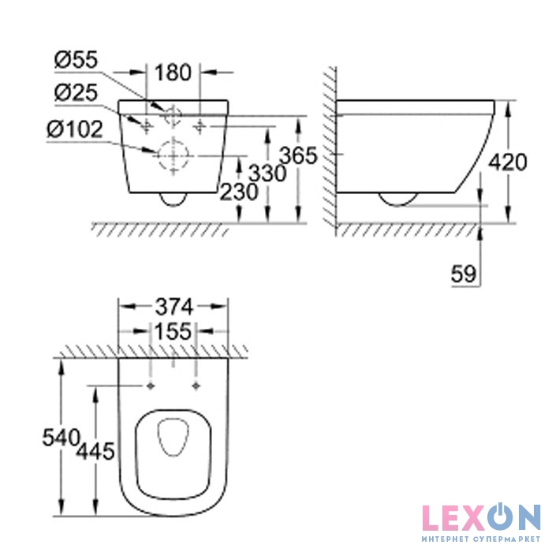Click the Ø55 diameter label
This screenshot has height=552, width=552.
76,60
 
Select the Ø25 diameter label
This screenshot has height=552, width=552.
76,93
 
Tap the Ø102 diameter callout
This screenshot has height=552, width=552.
75,129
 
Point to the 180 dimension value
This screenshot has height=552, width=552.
173,73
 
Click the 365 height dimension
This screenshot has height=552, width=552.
298,155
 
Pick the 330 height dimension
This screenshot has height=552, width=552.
267,173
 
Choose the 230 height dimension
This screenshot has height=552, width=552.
239,192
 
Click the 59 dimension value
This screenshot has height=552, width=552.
464,274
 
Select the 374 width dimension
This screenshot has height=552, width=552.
174,307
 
